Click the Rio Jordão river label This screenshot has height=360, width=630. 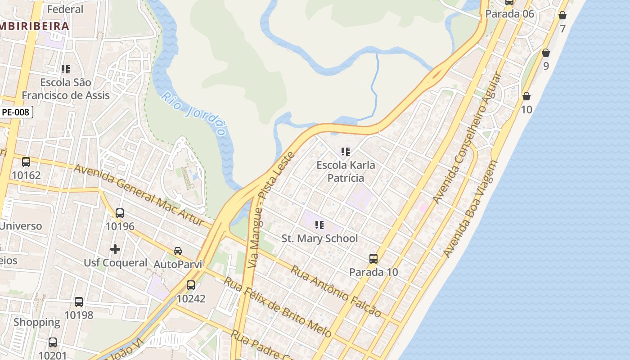tap(193, 114)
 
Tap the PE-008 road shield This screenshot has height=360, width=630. tap(16, 112)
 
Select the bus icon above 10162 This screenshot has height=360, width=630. tap(26, 162)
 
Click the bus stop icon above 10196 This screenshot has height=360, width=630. tap(120, 213)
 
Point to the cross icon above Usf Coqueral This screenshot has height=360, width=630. tap(115, 249)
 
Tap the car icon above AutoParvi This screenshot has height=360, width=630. tap(178, 251)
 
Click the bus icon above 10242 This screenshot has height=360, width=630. tap(191, 285)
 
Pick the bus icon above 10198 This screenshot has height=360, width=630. tap(79, 301)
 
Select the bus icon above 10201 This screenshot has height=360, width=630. tap(53, 342)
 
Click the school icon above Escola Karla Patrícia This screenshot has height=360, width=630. tap(345, 152)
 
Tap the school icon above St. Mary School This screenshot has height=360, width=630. tap(319, 225)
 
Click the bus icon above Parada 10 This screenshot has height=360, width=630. tap(373, 259)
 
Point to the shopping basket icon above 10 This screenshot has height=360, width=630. tap(526, 96)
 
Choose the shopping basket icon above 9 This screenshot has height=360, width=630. tap(546, 53)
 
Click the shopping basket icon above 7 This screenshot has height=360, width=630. tap(562, 16)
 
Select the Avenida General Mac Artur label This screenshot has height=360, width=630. tap(143, 195)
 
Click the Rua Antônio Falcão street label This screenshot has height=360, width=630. tap(336, 291)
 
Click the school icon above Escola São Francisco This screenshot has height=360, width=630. tap(66, 69)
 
